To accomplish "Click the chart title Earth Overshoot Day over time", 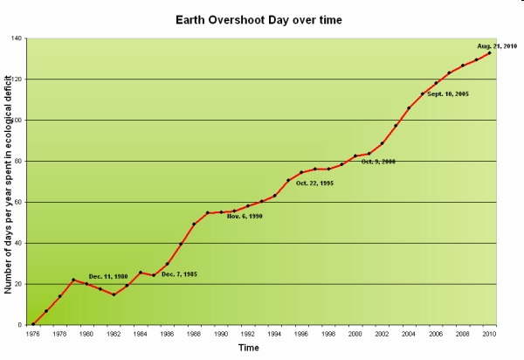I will (259, 18).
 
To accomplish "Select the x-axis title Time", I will (249, 348).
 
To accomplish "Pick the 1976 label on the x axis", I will (33, 333).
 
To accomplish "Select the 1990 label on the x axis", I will (222, 333).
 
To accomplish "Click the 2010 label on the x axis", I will (490, 333).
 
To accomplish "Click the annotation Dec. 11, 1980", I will (108, 276).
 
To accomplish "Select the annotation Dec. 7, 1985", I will (179, 274).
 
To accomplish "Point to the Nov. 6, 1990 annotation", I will (245, 216).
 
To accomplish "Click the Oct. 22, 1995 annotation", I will (314, 183).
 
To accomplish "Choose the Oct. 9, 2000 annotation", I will (378, 162).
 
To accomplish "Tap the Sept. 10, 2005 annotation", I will (449, 93).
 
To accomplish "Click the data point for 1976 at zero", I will (33, 324).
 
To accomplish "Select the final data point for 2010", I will (489, 52).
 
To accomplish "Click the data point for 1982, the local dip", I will (114, 294).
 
